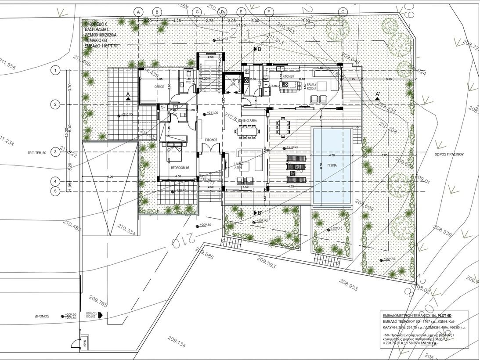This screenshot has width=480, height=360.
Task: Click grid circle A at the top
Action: click(138, 11)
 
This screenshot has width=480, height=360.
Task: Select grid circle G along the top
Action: click(343, 11)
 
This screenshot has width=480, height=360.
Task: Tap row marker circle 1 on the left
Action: click(55, 70)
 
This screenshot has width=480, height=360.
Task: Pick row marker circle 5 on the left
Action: click(55, 191)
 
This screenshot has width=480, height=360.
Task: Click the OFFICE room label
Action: click(159, 87)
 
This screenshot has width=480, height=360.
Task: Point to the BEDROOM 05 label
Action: click(180, 167)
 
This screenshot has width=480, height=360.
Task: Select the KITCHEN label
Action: click(288, 76)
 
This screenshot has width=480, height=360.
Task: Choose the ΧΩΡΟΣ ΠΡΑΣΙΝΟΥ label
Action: click(449, 155)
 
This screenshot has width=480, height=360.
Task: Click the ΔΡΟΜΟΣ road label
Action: click(42, 316)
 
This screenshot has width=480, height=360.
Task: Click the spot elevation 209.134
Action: click(176, 341)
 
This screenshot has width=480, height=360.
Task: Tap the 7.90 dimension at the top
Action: click(307, 21)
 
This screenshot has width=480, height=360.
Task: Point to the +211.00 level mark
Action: click(212, 113)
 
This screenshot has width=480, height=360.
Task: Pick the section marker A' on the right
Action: click(378, 95)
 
